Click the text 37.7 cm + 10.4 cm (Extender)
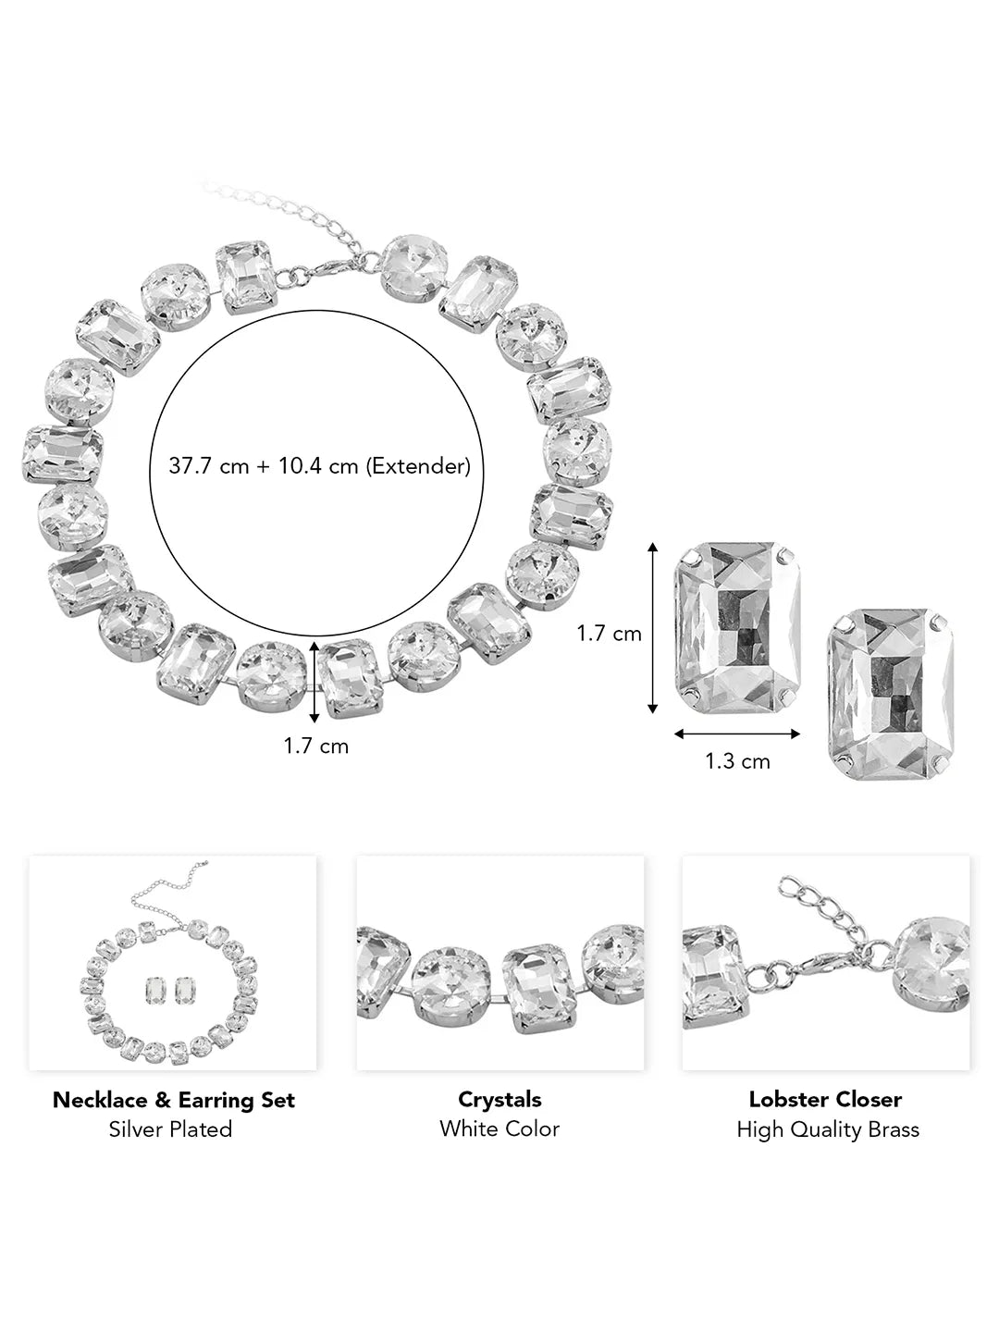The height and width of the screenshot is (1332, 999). [320, 466]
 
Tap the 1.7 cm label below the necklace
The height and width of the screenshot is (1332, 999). [316, 746]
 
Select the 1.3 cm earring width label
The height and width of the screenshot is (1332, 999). [737, 761]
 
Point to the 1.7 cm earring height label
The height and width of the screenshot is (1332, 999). [609, 634]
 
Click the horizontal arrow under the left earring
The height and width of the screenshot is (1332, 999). [737, 734]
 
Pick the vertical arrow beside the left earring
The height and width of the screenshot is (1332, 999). [653, 628]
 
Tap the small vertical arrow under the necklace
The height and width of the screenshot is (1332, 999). [314, 683]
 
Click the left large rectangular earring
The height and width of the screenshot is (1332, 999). [737, 628]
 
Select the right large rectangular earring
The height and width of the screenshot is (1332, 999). [891, 694]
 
